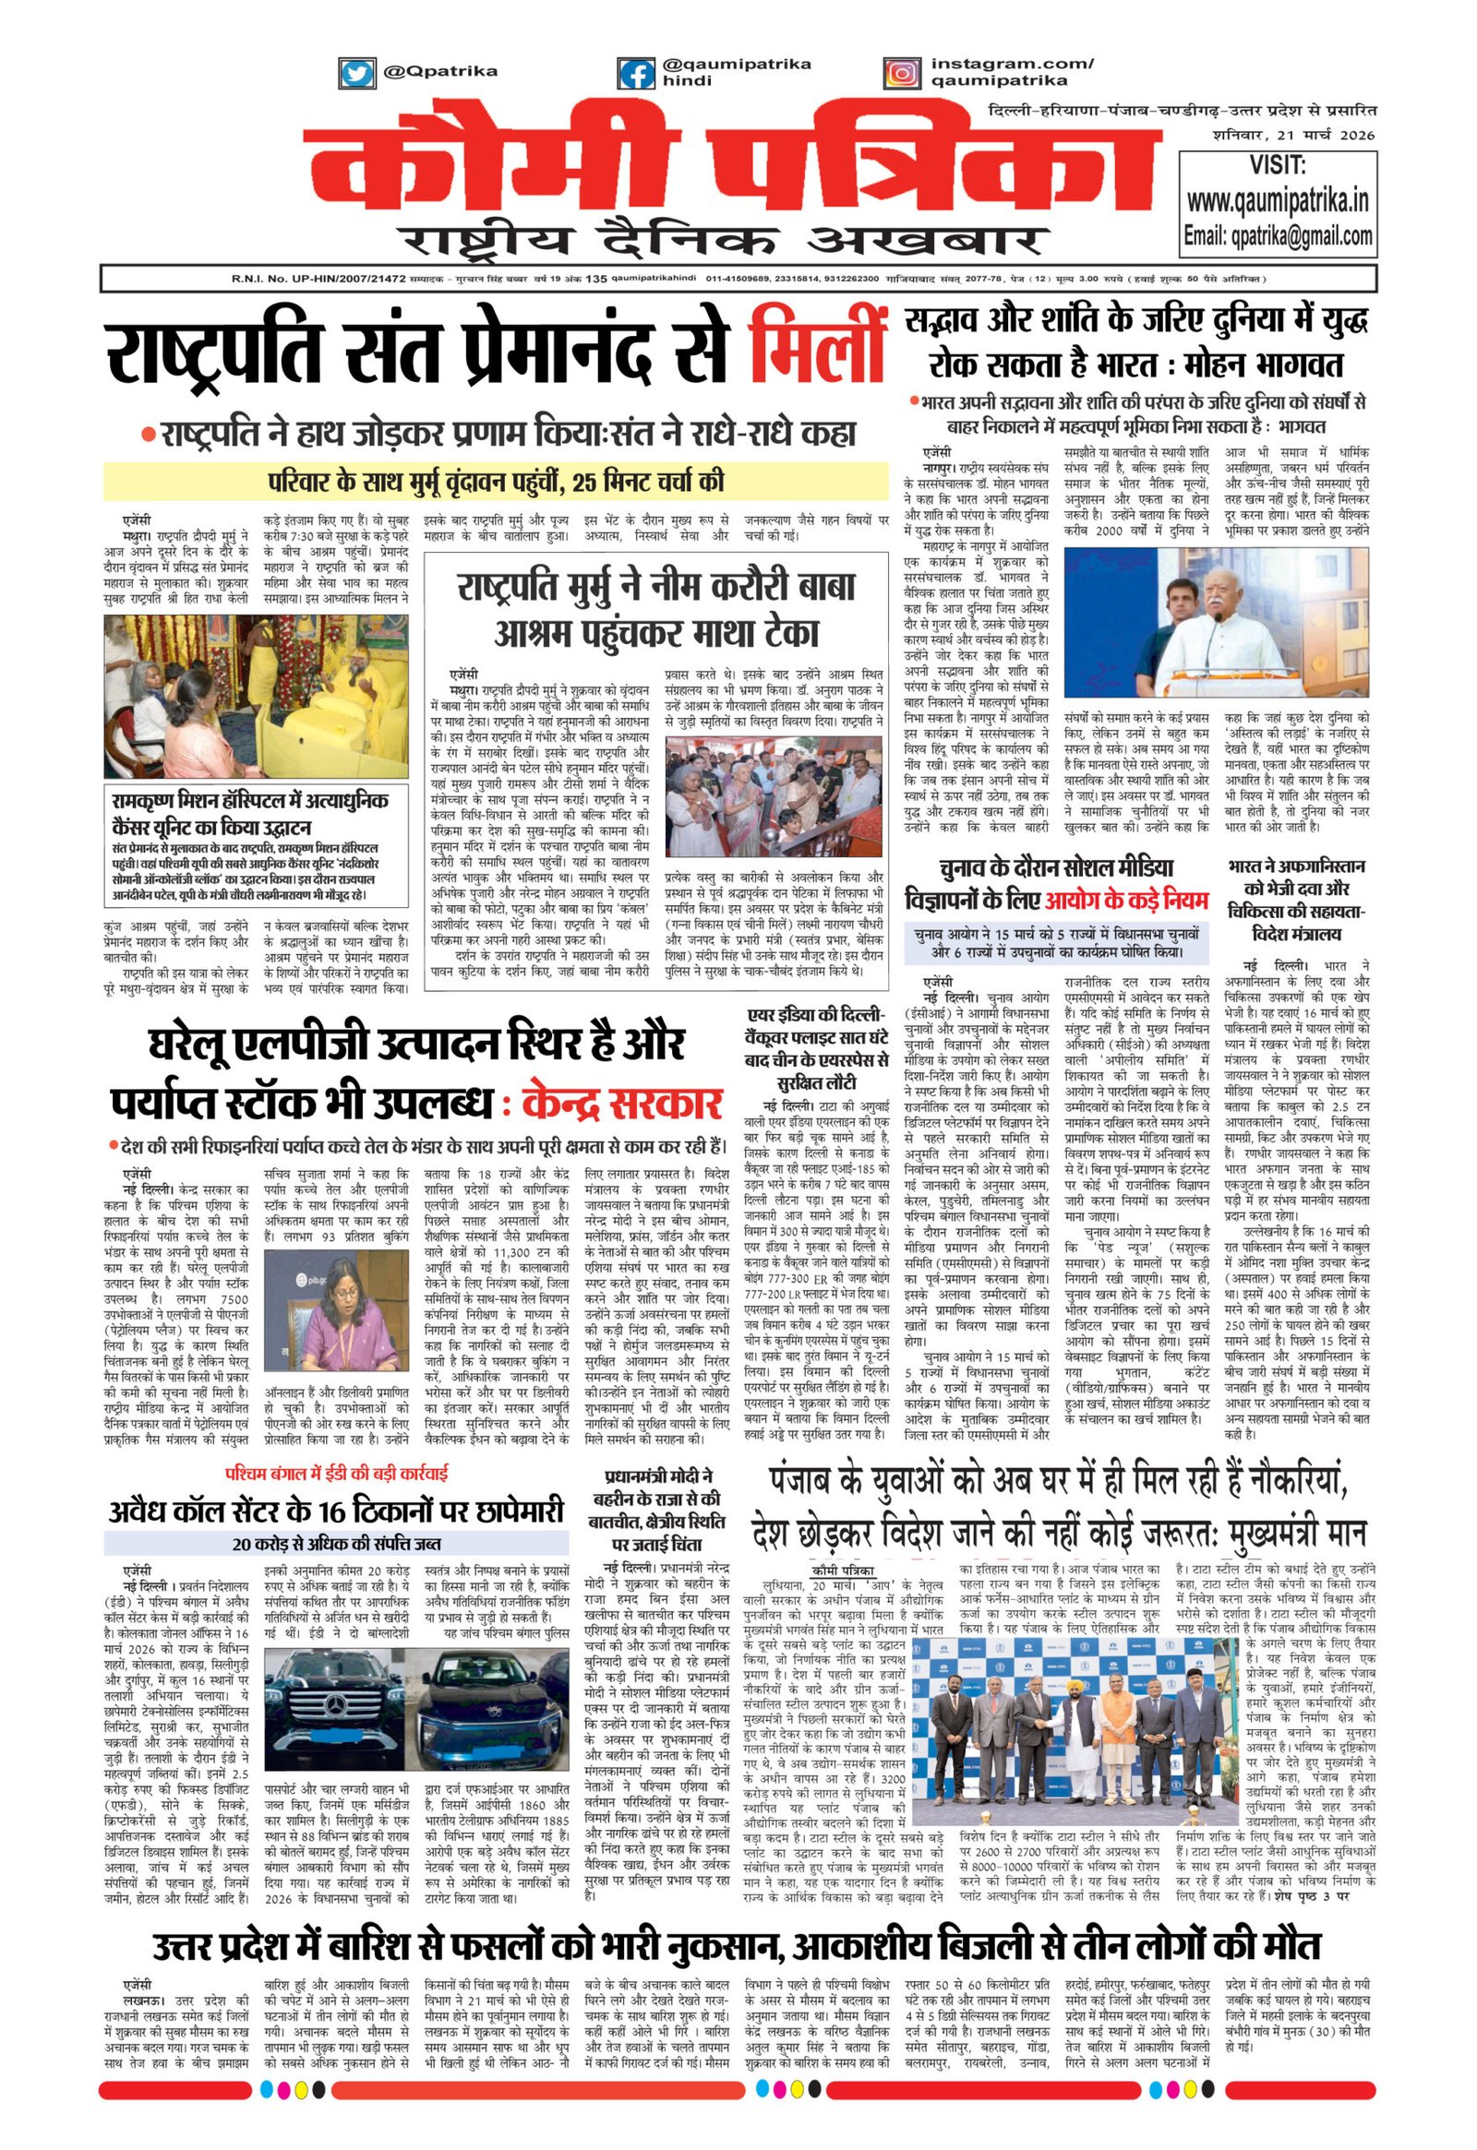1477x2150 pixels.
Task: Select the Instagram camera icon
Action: (x=900, y=72)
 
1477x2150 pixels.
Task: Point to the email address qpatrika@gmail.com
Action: (x=1278, y=236)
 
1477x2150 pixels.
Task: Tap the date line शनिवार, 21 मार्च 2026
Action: (x=1294, y=135)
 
